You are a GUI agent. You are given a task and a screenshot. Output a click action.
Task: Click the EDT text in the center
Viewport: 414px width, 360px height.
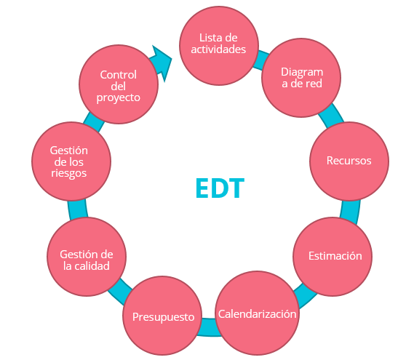coord(220,188)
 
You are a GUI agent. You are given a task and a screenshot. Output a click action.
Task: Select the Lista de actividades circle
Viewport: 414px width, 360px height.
coord(219,46)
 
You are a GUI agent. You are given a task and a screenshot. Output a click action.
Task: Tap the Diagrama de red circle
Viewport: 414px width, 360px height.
coord(301,78)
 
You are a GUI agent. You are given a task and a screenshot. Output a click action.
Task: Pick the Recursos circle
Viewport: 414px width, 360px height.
coord(349,161)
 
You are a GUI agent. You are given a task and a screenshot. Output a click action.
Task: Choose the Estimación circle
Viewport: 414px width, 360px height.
coord(333,257)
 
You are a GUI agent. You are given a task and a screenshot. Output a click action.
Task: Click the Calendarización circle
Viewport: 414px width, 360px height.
coord(258,313)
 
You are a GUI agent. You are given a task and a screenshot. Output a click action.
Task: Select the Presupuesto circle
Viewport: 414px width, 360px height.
coord(162,316)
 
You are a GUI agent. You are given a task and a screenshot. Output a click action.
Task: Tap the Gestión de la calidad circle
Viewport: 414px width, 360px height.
coord(87,257)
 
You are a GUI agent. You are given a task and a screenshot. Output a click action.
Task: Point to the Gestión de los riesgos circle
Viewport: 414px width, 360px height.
coord(71,161)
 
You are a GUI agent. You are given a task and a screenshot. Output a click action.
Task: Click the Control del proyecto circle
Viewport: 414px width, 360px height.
coord(119,84)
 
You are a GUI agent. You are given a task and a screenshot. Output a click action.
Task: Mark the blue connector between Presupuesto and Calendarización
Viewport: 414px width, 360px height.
coord(209,327)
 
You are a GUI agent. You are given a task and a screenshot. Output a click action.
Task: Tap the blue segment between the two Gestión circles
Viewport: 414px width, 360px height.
coord(77,209)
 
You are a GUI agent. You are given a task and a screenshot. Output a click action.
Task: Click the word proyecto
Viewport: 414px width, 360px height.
coord(119,98)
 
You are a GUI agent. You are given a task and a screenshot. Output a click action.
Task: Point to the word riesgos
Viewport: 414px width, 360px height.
coord(68,173)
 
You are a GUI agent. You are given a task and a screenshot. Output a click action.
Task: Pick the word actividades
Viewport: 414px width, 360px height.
coord(218,49)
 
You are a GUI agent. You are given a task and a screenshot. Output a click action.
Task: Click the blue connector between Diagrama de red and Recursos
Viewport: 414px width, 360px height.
coord(331,116)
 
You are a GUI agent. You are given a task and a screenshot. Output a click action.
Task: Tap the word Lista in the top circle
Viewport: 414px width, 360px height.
coord(208,38)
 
